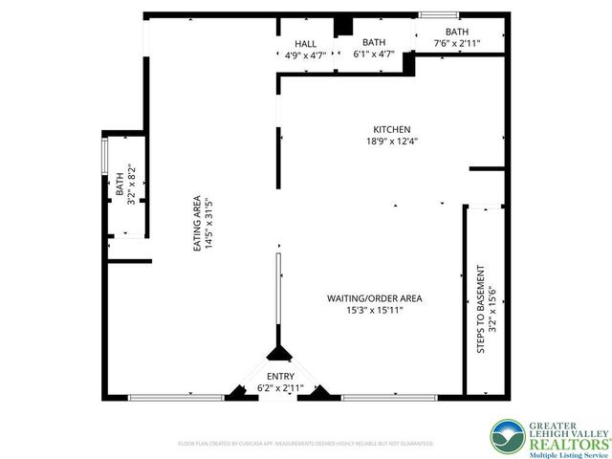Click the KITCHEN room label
pos(392,129)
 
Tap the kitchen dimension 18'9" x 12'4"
pos(392,142)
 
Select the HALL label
pos(306,44)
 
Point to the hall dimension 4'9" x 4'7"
pos(306,55)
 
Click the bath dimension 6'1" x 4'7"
pos(373,55)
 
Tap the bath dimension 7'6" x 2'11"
pos(456,43)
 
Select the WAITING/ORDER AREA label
pos(374,298)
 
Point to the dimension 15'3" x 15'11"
pos(374,311)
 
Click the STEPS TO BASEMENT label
pos(481,310)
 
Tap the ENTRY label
pos(280,376)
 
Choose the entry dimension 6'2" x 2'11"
pos(280,388)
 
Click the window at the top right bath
pos(439,14)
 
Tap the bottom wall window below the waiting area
pos(386,397)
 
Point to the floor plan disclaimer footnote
pos(306,444)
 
